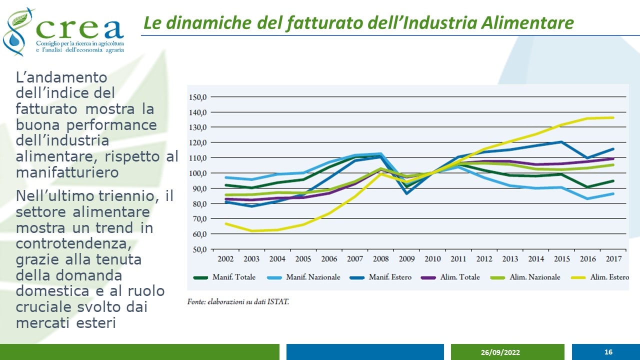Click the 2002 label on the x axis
[225, 259]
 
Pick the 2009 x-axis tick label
[406, 259]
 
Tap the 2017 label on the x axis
[613, 259]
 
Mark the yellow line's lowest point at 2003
[251, 231]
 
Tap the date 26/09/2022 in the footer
[500, 352]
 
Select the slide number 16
[608, 352]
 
